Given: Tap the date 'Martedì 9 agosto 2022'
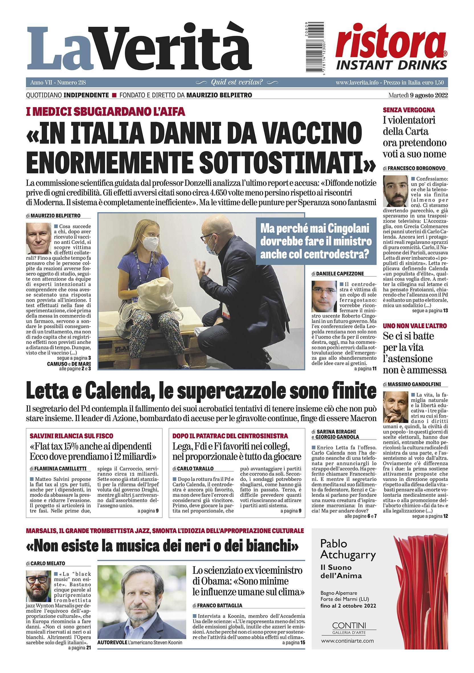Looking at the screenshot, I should [418, 95].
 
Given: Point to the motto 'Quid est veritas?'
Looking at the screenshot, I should [237, 83].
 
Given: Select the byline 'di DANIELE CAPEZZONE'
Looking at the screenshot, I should [338, 274].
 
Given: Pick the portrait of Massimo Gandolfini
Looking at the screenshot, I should [395, 407].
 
